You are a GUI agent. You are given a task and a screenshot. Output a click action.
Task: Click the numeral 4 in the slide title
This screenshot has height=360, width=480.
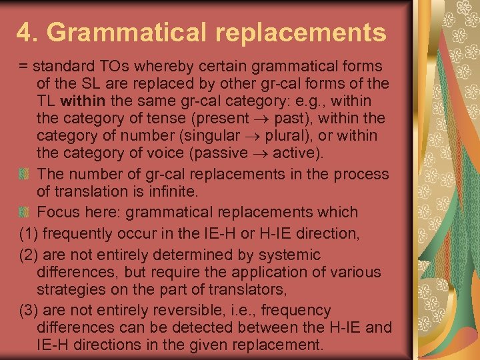point(24,31)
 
